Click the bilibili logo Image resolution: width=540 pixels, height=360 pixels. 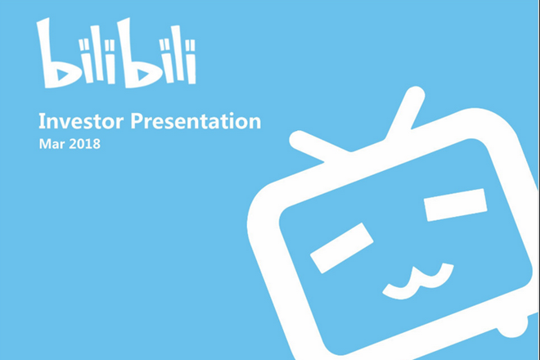(x=116, y=52)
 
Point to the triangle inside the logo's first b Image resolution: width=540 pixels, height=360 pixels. (x=63, y=75)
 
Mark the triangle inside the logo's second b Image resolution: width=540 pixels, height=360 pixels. (x=143, y=75)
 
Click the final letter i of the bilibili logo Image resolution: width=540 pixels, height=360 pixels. (x=191, y=62)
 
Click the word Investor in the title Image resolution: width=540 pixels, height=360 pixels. (x=81, y=121)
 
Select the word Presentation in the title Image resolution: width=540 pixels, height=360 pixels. (x=196, y=121)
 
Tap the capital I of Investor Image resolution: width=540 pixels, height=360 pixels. (x=42, y=121)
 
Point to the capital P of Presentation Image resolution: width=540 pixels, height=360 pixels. (x=136, y=121)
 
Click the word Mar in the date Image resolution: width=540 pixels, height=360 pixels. (x=52, y=144)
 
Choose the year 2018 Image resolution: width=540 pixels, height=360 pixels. (x=85, y=144)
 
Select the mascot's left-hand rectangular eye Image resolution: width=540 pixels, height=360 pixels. (x=342, y=248)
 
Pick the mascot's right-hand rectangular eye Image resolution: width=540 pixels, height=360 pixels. (x=455, y=205)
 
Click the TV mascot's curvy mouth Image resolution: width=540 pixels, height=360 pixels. (x=418, y=281)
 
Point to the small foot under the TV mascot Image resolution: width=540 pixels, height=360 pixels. (x=513, y=327)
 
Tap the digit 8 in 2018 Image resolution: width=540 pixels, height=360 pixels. (x=96, y=144)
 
